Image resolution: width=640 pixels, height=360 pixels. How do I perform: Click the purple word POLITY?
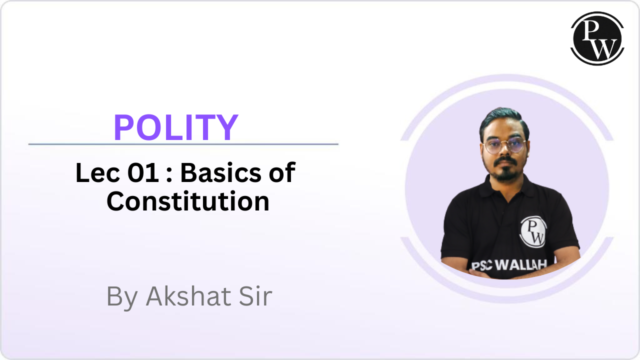(175, 127)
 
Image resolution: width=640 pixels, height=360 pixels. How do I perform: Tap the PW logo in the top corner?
(597, 38)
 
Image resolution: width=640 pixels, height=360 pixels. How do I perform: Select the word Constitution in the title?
(188, 201)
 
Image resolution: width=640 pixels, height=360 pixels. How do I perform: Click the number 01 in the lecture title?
(143, 172)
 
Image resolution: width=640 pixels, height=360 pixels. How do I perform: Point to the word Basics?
(220, 172)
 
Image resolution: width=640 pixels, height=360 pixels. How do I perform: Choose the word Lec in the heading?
(97, 172)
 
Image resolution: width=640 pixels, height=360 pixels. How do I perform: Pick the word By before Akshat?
(122, 297)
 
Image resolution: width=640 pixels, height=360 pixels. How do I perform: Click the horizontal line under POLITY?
(183, 144)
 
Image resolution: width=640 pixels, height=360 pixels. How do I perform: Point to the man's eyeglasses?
(505, 145)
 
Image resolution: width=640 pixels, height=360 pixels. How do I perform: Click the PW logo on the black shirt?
(533, 231)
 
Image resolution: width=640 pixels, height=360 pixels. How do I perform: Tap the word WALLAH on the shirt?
(520, 265)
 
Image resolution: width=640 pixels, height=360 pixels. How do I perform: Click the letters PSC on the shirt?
(481, 266)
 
